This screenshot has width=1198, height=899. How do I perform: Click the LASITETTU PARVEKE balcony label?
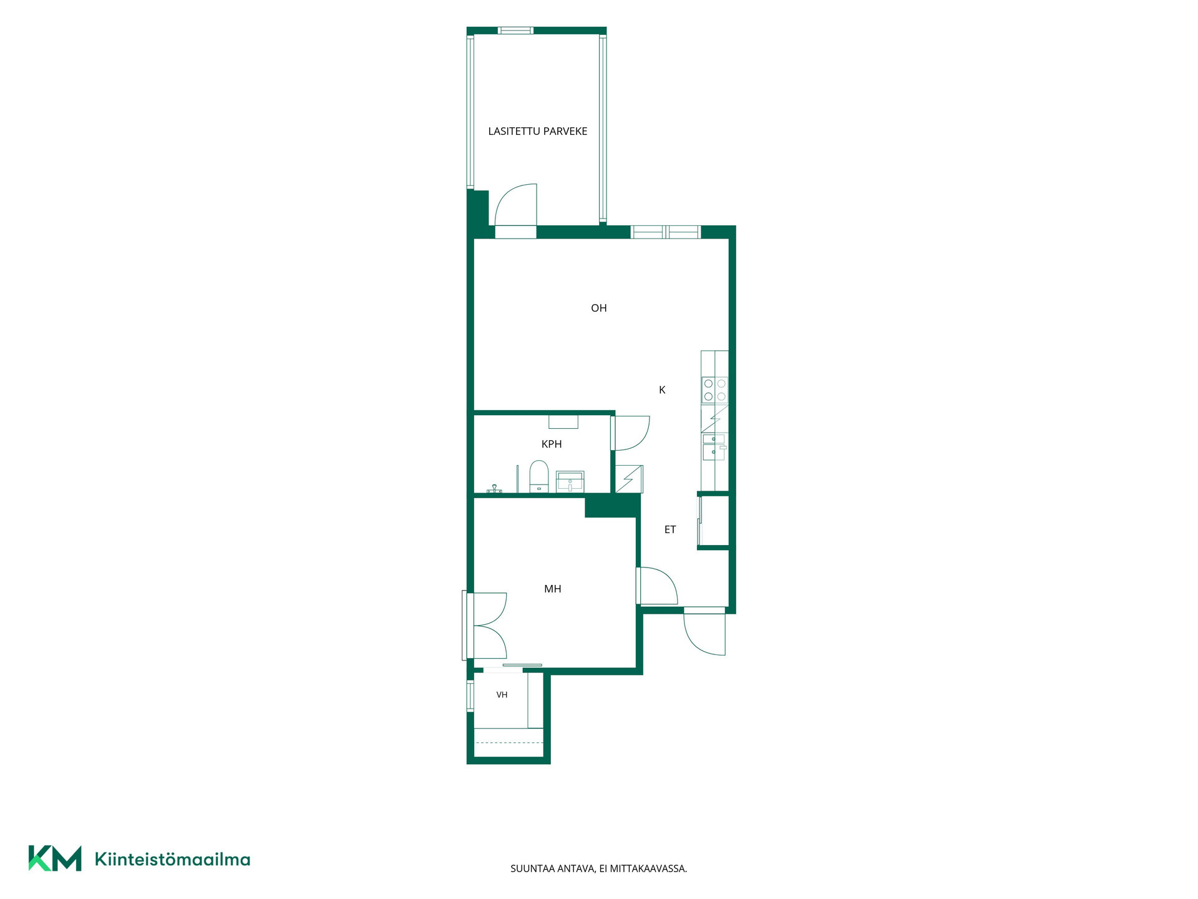pyautogui.click(x=537, y=131)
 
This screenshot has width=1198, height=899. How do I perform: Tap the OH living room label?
pyautogui.click(x=598, y=308)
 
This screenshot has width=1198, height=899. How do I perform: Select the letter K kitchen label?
pyautogui.click(x=662, y=390)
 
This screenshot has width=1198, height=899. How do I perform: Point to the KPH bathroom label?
pyautogui.click(x=552, y=444)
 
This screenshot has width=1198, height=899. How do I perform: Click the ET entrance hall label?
pyautogui.click(x=670, y=529)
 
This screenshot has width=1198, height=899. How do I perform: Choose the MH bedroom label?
pyautogui.click(x=553, y=589)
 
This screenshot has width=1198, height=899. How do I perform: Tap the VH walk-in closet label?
pyautogui.click(x=502, y=695)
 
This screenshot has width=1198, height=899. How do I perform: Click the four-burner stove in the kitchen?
pyautogui.click(x=714, y=390)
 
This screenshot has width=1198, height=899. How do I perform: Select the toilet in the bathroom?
pyautogui.click(x=539, y=476)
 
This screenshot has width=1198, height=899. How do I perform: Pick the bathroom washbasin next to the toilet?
pyautogui.click(x=570, y=481)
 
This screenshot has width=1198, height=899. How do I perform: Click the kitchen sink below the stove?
pyautogui.click(x=714, y=448)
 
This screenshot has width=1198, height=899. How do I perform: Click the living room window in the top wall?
pyautogui.click(x=666, y=232)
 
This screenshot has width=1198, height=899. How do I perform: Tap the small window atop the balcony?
pyautogui.click(x=515, y=31)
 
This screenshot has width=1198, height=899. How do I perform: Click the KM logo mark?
pyautogui.click(x=55, y=858)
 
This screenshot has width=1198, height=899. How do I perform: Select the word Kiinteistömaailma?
pyautogui.click(x=172, y=859)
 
